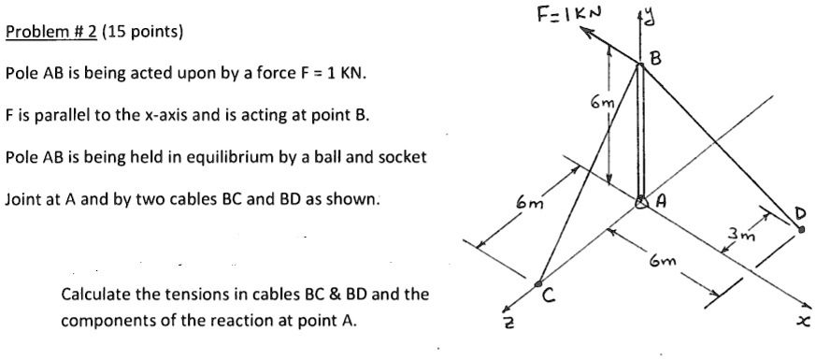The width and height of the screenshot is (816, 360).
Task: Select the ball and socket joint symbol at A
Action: click(642, 201)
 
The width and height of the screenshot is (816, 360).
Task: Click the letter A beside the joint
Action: click(662, 199)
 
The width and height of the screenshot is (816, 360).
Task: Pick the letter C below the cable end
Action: click(551, 301)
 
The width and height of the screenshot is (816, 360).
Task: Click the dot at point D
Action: click(801, 239)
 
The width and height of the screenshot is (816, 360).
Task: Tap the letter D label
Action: click(799, 216)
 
